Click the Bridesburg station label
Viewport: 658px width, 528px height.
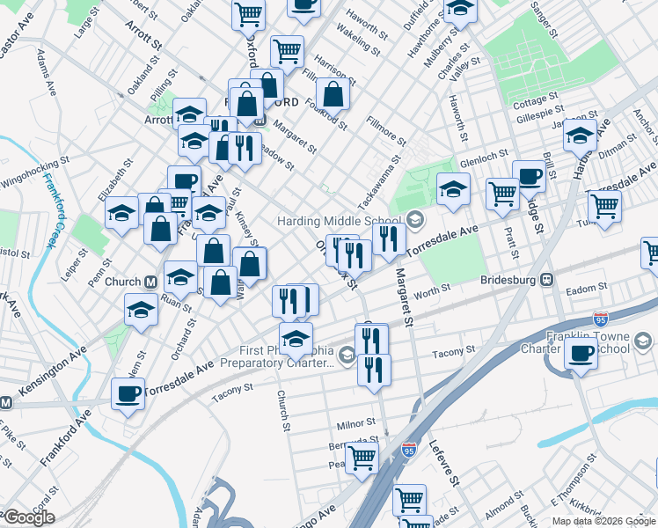tap(509, 280)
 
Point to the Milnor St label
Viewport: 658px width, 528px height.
tap(355, 423)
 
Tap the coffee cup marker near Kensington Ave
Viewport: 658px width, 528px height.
tap(128, 392)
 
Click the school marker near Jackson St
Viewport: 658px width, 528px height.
tap(580, 136)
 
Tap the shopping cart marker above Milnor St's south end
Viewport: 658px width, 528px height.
tap(361, 457)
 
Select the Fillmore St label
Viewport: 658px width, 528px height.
tap(386, 130)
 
